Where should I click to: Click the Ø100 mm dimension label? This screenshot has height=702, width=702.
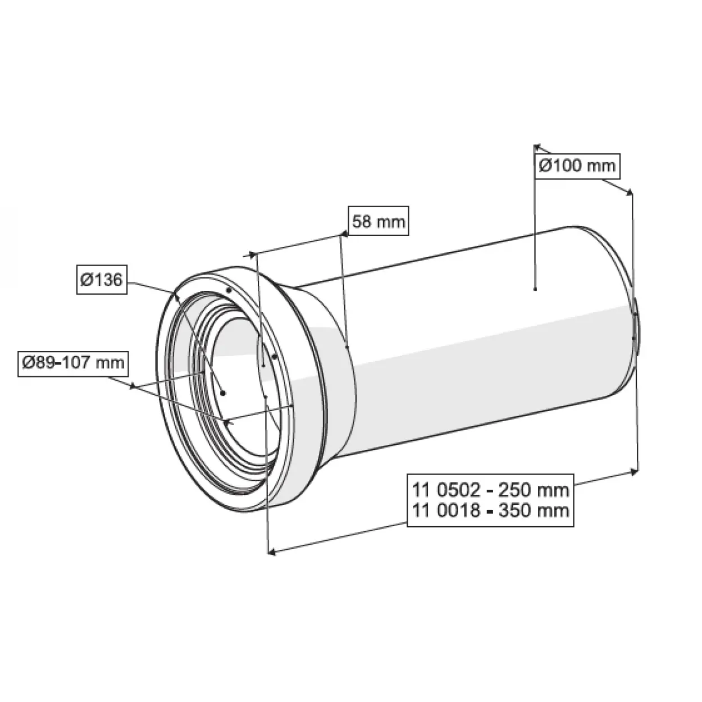[x=577, y=166]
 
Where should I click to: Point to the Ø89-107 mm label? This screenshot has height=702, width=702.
[x=73, y=362]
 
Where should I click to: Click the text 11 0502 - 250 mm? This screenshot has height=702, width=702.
[x=490, y=489]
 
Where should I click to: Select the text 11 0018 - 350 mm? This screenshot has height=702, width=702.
[x=490, y=510]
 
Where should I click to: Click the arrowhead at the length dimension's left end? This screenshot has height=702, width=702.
[x=272, y=553]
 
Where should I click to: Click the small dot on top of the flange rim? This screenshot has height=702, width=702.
[x=229, y=290]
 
